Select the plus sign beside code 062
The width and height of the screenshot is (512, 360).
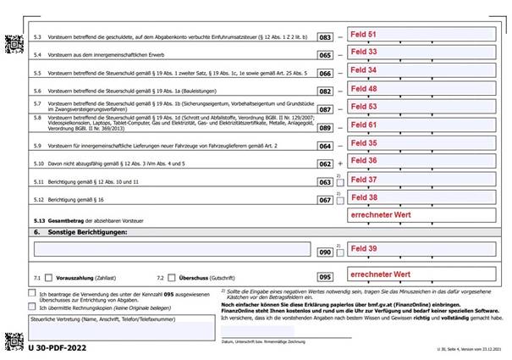click(340, 161)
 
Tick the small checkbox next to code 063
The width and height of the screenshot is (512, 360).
click(340, 180)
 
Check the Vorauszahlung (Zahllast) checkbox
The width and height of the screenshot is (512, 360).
click(49, 277)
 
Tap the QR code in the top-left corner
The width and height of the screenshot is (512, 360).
click(13, 40)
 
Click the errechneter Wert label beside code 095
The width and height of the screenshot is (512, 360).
click(380, 274)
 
